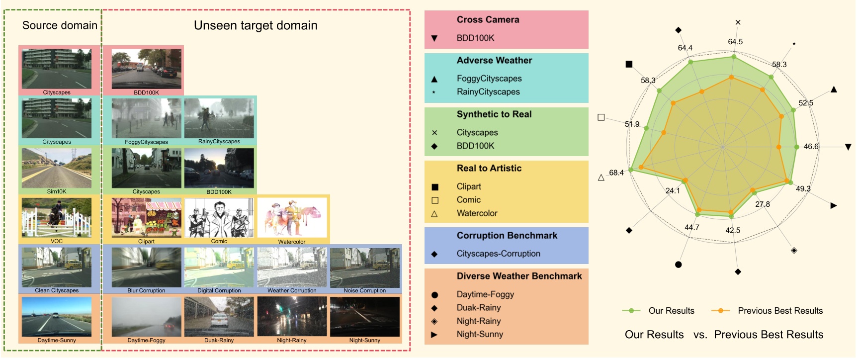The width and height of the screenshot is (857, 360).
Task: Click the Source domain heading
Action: tap(60, 25)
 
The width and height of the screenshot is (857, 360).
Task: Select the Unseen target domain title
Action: tap(255, 25)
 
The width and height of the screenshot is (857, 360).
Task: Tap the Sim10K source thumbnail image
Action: tap(57, 168)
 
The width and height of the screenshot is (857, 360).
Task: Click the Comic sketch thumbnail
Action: tap(219, 218)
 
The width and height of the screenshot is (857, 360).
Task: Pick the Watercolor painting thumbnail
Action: tap(292, 218)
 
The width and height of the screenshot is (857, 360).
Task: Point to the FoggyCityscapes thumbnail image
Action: tap(146, 118)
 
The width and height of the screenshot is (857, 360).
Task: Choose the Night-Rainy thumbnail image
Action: tap(292, 317)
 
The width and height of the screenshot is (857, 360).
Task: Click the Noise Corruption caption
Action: tap(364, 290)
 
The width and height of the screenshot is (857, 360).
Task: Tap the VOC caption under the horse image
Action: tap(57, 241)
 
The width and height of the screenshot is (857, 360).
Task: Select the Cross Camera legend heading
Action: tap(488, 20)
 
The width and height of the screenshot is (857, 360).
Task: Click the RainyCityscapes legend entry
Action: tap(488, 92)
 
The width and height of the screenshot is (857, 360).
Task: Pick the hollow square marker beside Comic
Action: tap(435, 200)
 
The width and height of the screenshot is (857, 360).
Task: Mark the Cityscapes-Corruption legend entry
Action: tap(498, 254)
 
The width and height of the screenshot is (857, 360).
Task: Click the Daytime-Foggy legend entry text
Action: tap(485, 294)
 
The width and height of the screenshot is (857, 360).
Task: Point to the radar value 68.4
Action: tap(616, 173)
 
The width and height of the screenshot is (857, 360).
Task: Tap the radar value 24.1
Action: tap(673, 190)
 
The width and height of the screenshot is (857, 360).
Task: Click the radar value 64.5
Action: tap(735, 42)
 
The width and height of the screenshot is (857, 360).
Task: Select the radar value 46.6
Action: tap(811, 147)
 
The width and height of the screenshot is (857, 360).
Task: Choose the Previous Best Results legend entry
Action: tap(780, 311)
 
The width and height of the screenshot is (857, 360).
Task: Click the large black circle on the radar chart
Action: tap(679, 265)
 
